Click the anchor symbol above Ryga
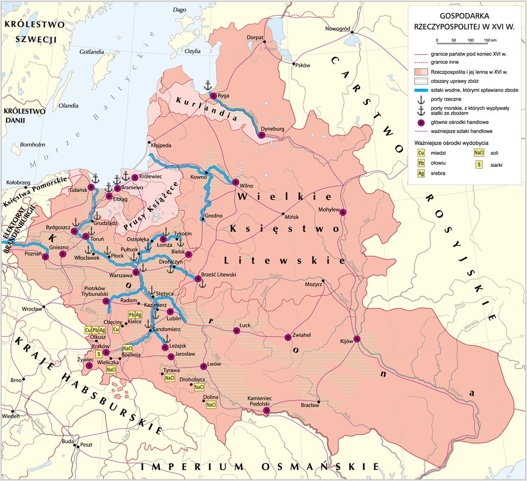208,85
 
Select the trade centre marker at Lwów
204,366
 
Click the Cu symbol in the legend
422,153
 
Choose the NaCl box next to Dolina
211,405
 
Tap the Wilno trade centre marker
235,182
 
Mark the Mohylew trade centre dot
343,212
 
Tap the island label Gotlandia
92,53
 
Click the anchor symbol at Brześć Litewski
201,284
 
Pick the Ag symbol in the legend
422,173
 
